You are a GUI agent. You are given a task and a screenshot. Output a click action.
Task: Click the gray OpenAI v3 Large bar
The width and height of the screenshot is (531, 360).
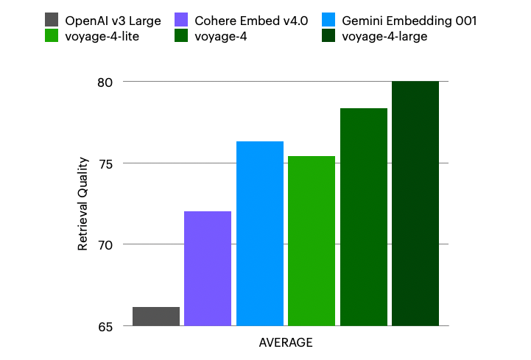[x=156, y=317]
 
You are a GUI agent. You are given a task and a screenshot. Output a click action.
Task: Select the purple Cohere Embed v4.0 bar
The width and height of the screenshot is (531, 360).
[x=208, y=269]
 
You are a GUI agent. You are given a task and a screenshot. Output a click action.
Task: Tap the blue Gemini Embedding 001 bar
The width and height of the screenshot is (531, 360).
[x=260, y=233]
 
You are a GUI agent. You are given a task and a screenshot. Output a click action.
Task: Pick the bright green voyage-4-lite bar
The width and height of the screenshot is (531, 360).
[x=312, y=241]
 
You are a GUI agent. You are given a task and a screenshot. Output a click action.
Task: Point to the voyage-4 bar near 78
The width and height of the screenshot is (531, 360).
[x=364, y=216]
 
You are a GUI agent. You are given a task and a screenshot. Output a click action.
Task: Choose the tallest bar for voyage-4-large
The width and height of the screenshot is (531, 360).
[x=415, y=203]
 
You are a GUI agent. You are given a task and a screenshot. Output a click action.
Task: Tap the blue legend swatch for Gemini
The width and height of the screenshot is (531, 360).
[x=328, y=21]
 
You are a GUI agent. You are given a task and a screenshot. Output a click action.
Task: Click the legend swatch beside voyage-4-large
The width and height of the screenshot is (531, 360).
[x=328, y=35]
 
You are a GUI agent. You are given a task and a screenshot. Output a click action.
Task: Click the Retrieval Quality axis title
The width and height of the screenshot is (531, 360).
[x=83, y=204]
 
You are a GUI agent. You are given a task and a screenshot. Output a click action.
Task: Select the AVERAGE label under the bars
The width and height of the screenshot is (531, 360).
[x=286, y=343]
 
